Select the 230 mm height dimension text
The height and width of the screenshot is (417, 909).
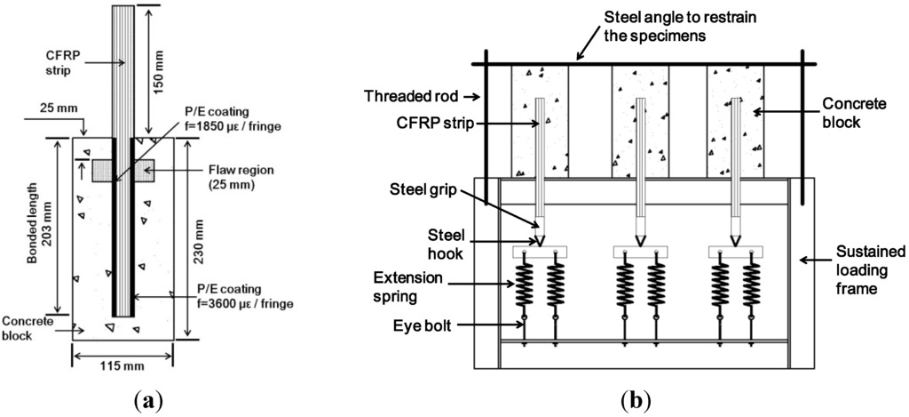(x=198, y=237)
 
